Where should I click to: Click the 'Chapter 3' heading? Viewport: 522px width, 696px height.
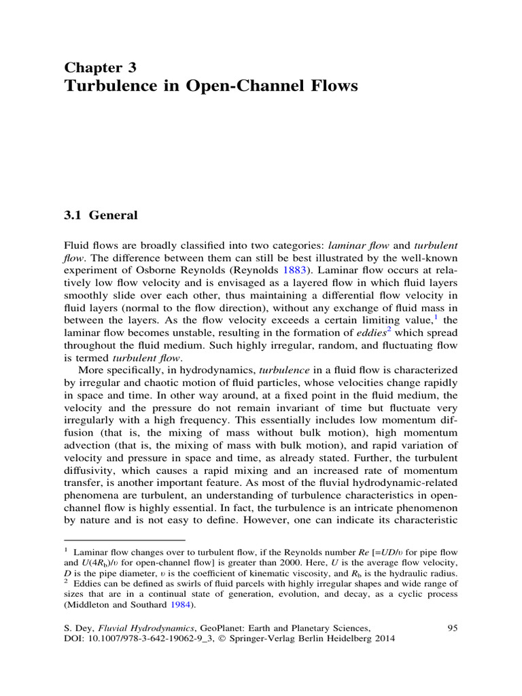pos(100,67)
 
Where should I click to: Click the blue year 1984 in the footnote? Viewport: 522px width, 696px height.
pos(175,606)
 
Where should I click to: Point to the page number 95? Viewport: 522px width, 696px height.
pos(452,627)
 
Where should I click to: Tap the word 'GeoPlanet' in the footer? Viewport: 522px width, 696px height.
pos(233,627)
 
